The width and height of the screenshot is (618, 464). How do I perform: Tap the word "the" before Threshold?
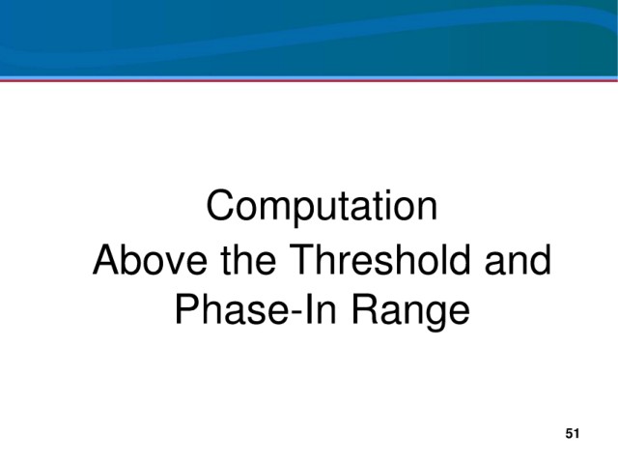click(248, 260)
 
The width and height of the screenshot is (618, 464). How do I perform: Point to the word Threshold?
click(379, 260)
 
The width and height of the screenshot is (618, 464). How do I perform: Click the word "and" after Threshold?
click(518, 260)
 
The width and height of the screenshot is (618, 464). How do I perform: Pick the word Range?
click(411, 312)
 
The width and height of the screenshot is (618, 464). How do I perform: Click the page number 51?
click(573, 434)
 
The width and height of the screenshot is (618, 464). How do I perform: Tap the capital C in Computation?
click(221, 205)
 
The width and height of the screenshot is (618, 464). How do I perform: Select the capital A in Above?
click(107, 259)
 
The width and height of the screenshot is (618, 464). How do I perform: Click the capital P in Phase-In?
click(188, 309)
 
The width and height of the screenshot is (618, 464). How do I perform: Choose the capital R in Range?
click(366, 309)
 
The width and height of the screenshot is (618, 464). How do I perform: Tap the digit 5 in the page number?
click(569, 434)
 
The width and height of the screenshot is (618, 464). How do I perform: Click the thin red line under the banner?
click(309, 80)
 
